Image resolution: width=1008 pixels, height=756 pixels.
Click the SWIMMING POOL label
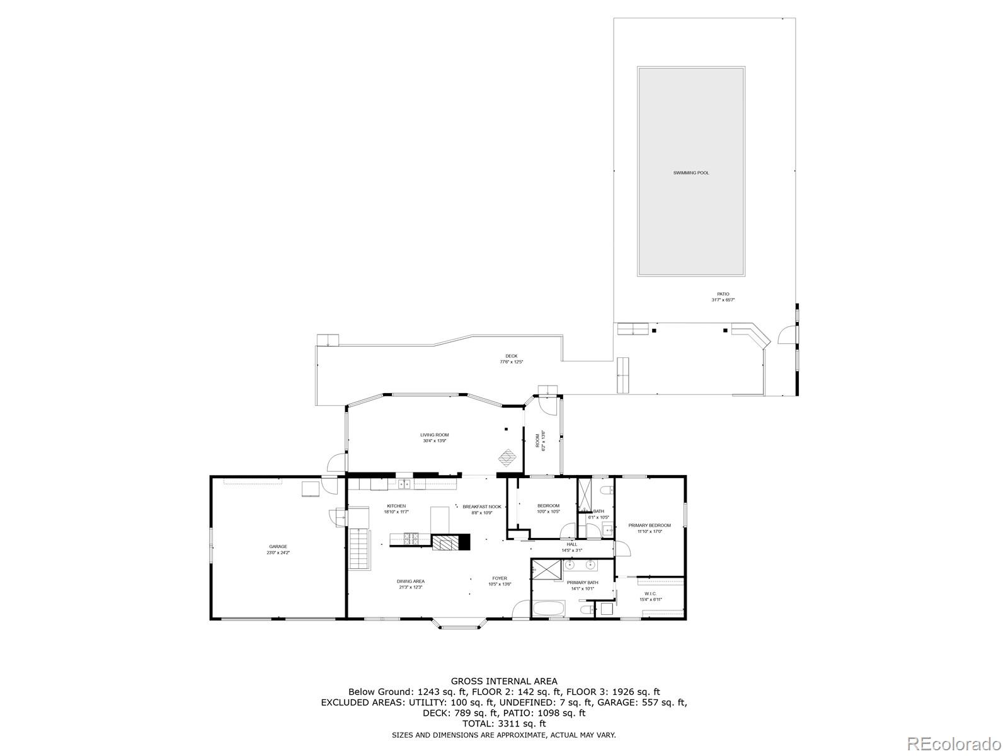click(x=690, y=173)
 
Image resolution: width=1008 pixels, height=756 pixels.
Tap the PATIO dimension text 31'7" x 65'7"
click(x=723, y=300)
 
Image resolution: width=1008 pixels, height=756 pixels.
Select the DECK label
click(x=511, y=356)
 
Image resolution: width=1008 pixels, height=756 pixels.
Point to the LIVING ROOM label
click(x=434, y=435)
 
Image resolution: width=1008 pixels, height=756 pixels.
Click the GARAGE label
click(x=278, y=546)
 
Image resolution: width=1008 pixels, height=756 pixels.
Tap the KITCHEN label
click(x=396, y=506)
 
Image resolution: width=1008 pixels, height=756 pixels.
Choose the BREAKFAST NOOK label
click(x=481, y=507)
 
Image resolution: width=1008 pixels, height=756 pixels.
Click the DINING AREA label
click(x=410, y=581)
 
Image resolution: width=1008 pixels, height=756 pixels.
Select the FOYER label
click(x=500, y=578)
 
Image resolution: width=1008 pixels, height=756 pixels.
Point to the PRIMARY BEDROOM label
click(x=649, y=525)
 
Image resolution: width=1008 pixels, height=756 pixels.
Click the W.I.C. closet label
click(x=650, y=593)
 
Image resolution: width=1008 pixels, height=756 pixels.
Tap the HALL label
click(x=571, y=544)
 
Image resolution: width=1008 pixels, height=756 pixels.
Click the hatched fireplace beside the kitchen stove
click(x=445, y=542)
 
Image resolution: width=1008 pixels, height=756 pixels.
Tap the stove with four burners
click(x=412, y=539)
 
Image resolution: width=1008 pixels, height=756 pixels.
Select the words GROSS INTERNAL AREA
click(x=503, y=681)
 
